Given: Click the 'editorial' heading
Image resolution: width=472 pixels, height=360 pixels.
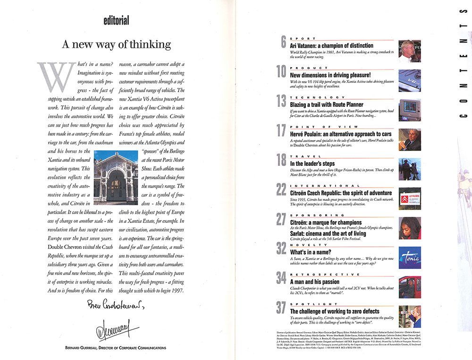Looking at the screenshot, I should click(116, 20).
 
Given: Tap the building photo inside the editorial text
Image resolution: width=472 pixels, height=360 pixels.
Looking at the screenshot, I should click(113, 177).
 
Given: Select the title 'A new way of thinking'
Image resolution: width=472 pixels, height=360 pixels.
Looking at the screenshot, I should click(116, 45).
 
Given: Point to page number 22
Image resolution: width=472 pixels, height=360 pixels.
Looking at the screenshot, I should click(281, 189).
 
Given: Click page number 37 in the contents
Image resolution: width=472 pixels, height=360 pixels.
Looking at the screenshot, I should click(281, 308).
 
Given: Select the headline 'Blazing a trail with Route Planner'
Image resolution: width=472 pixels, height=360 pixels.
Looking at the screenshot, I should click(327, 104).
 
